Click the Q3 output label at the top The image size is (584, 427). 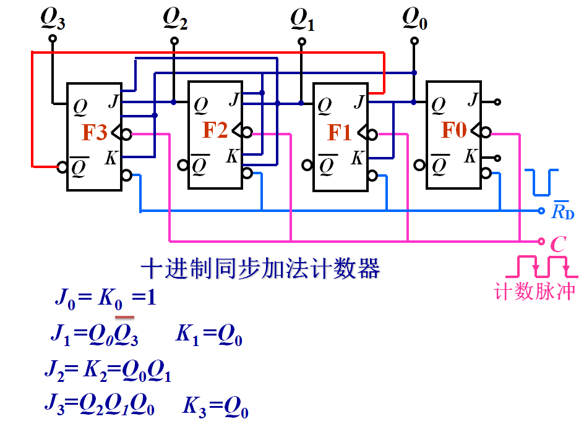[x=53, y=20]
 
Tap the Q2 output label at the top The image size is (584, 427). [x=175, y=20]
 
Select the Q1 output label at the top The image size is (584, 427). [x=303, y=21]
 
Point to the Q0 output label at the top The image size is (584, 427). [x=414, y=20]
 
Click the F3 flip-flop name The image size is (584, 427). [x=95, y=133]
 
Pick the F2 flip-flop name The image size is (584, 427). [x=215, y=130]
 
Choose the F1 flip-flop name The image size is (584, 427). [x=340, y=132]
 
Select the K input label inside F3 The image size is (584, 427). [x=111, y=158]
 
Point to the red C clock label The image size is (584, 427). [x=558, y=244]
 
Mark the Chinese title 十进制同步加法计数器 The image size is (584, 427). [x=260, y=269]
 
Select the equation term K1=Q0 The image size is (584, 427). [x=208, y=336]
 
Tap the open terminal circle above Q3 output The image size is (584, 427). [x=53, y=38]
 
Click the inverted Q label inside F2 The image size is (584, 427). [x=199, y=165]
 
